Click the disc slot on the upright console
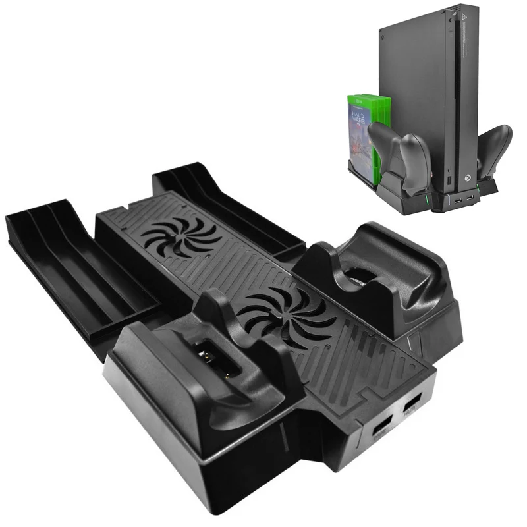tap(455, 86)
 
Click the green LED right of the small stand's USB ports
tap(488, 192)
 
